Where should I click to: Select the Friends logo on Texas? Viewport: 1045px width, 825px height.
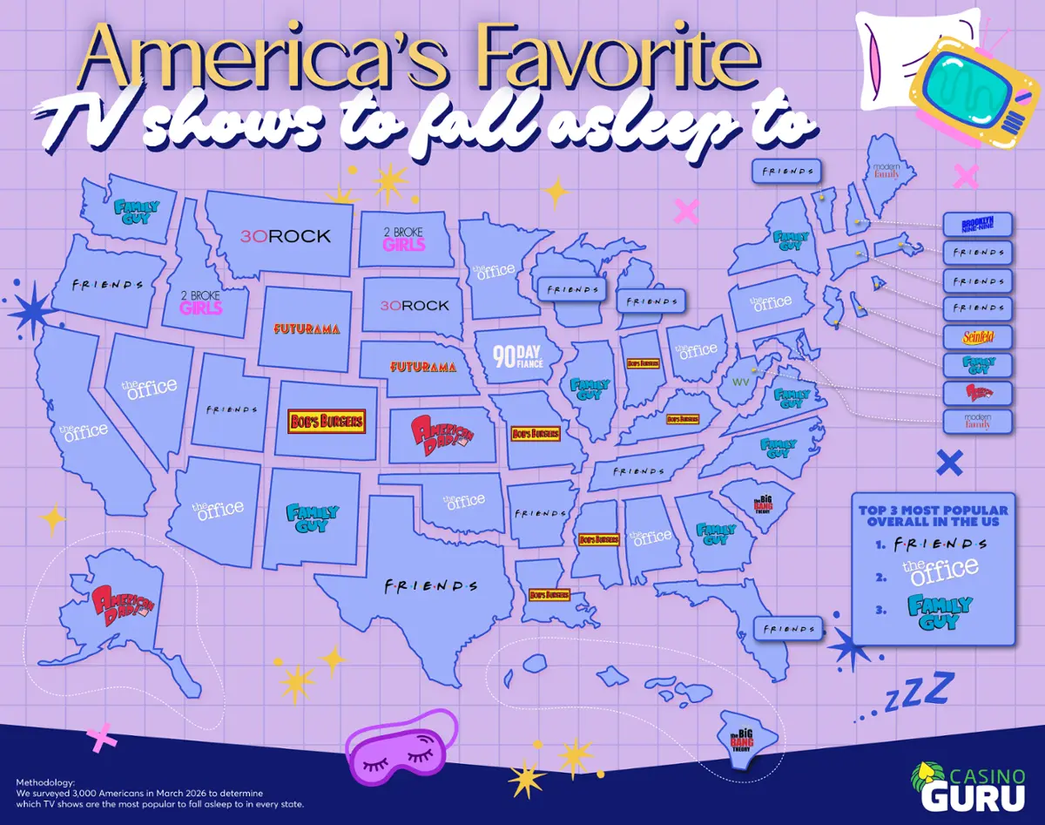[x=431, y=585]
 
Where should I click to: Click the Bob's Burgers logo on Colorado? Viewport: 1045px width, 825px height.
[x=327, y=422]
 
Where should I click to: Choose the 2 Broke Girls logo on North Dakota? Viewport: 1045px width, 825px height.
[x=404, y=239]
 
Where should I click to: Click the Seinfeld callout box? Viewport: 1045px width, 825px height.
[x=977, y=336]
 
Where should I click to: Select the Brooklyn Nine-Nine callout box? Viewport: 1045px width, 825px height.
[x=977, y=225]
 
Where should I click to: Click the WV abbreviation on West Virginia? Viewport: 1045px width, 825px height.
[x=740, y=382]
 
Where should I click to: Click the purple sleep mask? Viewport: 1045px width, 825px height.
[x=401, y=747]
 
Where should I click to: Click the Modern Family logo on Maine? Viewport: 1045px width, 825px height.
[x=886, y=169]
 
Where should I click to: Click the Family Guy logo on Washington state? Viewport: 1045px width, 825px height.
[x=137, y=211]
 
